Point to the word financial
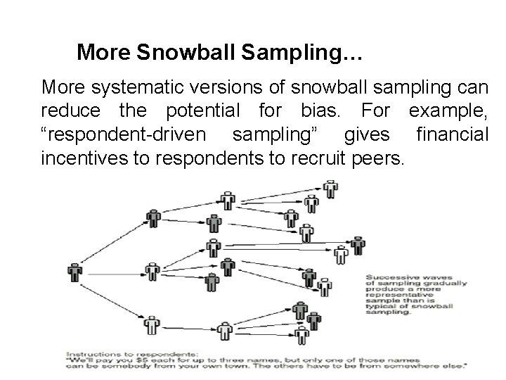click(x=452, y=134)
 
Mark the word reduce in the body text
click(x=66, y=111)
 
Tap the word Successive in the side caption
click(x=386, y=277)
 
